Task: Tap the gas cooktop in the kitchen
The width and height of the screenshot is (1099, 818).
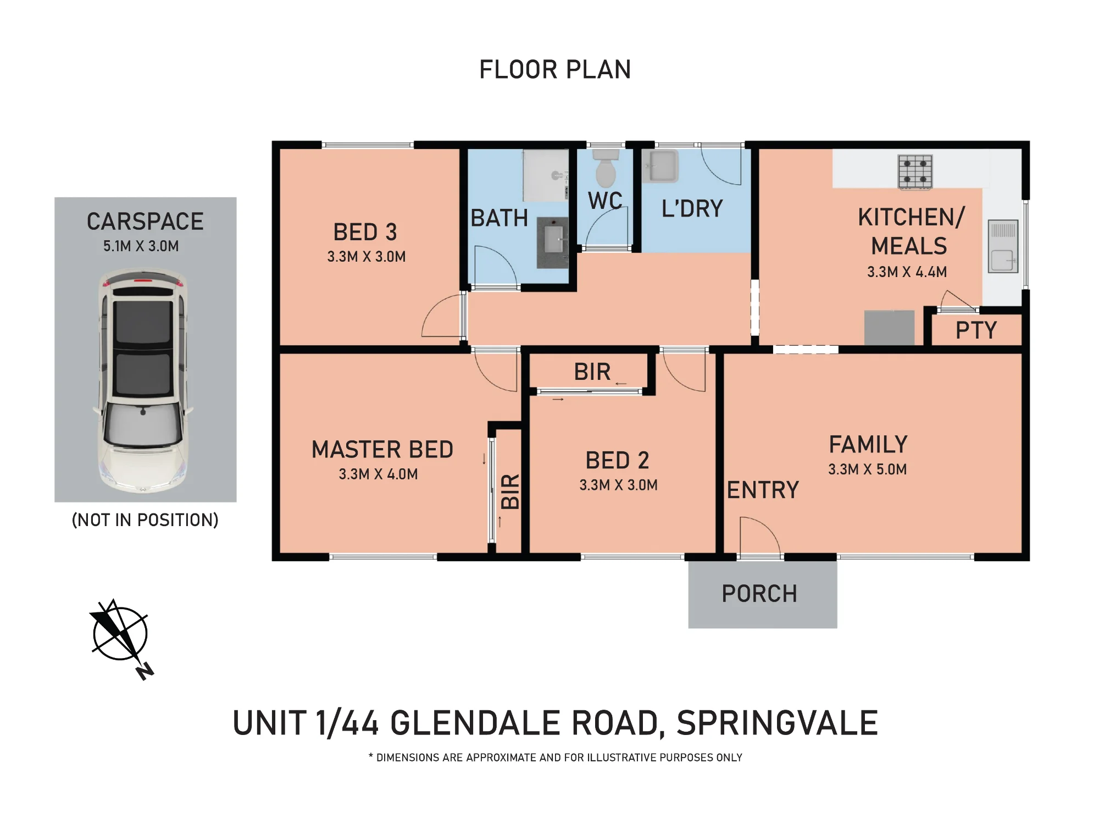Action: coord(915,172)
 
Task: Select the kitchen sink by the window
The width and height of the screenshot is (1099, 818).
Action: coord(1003,246)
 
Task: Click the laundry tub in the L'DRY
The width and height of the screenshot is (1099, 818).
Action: coord(660,166)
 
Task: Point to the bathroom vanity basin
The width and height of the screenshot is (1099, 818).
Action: coord(553,242)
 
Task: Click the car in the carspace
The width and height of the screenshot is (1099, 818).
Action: coord(144,379)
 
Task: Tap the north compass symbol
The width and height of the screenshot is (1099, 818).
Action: coord(121,638)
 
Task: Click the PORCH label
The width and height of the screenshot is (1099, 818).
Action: coord(759,594)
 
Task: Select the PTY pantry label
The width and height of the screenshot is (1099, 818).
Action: coord(976,330)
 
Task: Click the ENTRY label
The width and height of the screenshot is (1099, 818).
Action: coord(763,490)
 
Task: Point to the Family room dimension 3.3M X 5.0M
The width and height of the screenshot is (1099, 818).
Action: coord(867,469)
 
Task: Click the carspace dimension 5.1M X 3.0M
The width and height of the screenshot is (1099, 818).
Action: coord(141,246)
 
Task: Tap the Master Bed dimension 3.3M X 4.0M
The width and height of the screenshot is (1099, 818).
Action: coord(378,474)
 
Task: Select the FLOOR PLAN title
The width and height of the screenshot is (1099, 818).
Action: coord(555,70)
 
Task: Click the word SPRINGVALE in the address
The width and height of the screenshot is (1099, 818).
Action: coord(777,723)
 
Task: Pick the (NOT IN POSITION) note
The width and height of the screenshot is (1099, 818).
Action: coord(145,520)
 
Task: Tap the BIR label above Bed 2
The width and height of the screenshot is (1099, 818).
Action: coord(592,372)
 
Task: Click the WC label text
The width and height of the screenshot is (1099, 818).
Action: coord(605,201)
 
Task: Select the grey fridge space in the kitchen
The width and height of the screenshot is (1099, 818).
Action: coord(889,328)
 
